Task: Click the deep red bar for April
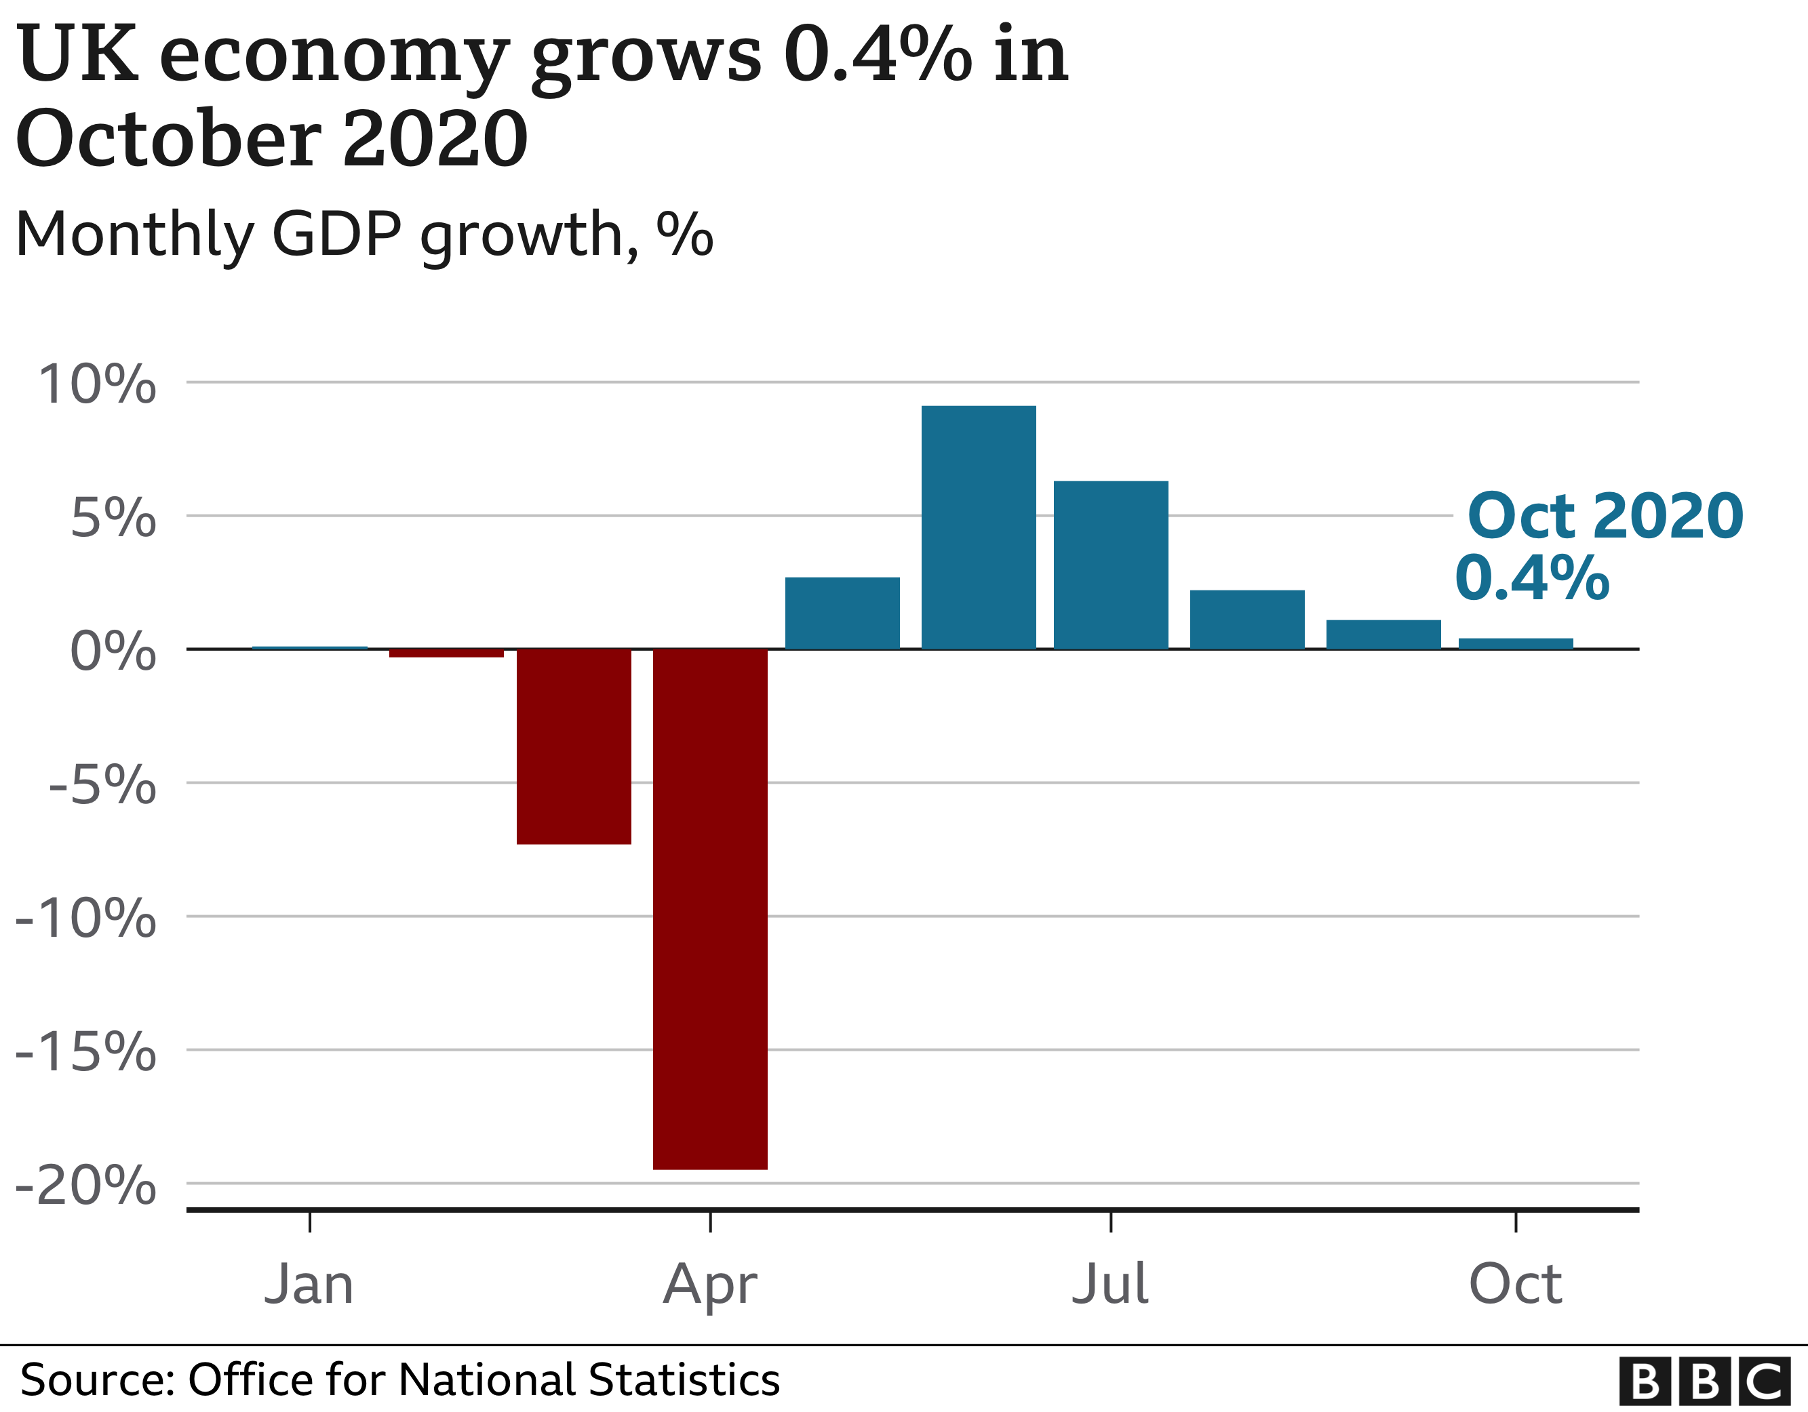[x=709, y=909]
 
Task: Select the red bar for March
[x=574, y=746]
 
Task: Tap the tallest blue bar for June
[x=979, y=527]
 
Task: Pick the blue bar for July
[x=1110, y=565]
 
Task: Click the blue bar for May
[x=842, y=613]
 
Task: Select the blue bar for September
[x=1383, y=634]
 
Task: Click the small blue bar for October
[x=1515, y=643]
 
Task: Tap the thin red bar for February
[x=446, y=653]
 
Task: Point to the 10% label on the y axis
[x=97, y=385]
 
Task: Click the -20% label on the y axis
[x=86, y=1185]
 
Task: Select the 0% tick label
[x=113, y=651]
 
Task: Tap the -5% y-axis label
[x=102, y=784]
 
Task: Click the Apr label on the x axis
[x=709, y=1285]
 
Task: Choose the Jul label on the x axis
[x=1109, y=1284]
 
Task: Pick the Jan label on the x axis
[x=309, y=1284]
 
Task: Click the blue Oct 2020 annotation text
[x=1605, y=516]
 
